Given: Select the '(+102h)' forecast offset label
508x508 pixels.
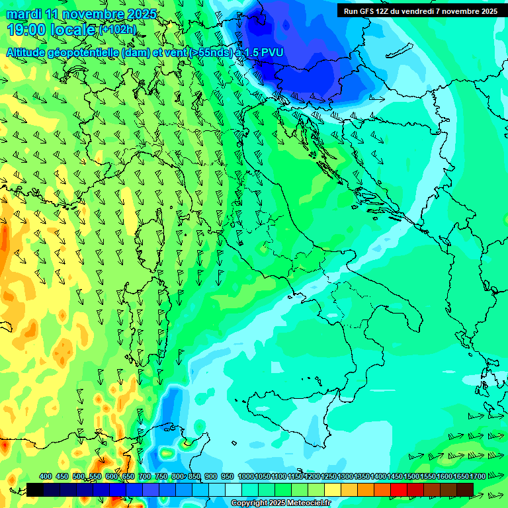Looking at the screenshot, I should [x=117, y=30].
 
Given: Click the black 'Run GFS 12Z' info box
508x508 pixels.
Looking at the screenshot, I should [x=421, y=11].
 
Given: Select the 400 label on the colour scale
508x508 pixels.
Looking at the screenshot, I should [x=46, y=476].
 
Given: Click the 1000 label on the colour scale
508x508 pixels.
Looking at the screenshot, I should [x=245, y=476].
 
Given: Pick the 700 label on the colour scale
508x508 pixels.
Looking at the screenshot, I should [x=145, y=476].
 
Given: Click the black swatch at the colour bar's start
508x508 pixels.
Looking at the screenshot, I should [x=35, y=489].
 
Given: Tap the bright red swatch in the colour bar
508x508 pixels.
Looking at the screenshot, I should [x=399, y=489].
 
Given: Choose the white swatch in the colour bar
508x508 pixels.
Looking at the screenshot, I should [x=233, y=489].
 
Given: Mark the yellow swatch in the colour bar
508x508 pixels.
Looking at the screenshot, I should [x=333, y=489].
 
